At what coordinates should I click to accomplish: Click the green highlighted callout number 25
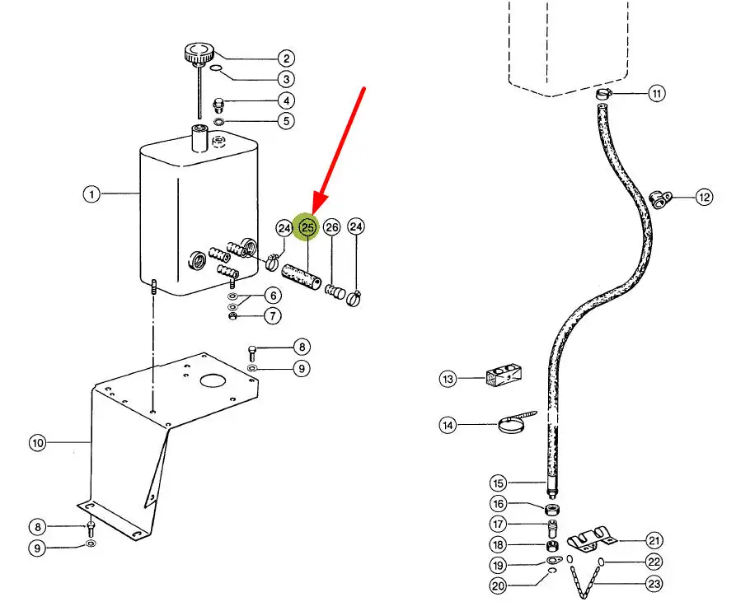pos(306,228)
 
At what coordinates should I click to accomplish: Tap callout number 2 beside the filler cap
pos(286,58)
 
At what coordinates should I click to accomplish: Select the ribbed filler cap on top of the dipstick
pos(199,54)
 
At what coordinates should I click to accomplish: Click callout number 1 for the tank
pos(91,194)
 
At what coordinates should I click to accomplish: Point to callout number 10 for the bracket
pos(38,443)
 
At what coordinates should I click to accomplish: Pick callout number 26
pos(332,227)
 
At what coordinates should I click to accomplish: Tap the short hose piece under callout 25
pos(302,278)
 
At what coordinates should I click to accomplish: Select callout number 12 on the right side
pos(704,197)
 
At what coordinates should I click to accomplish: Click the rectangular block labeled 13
pos(504,375)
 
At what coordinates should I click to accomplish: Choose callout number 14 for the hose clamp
pos(448,425)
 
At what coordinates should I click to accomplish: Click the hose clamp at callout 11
pos(604,94)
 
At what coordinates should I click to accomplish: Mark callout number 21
pos(654,541)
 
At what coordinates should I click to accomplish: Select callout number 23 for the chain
pos(654,584)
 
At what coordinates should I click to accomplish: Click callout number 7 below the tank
pos(273,315)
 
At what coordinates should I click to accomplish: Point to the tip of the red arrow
pos(314,213)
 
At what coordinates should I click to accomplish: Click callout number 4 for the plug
pos(286,100)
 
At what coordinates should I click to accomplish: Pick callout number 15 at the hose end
pos(498,483)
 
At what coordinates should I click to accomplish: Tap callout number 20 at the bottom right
pos(498,585)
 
